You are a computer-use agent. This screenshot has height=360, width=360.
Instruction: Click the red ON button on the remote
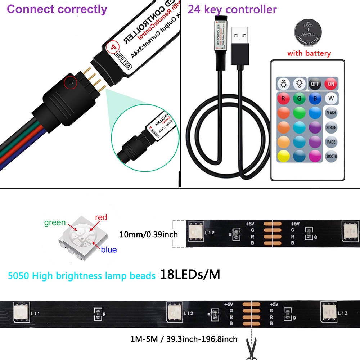[331, 84]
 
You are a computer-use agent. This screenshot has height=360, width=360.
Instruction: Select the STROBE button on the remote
[331, 127]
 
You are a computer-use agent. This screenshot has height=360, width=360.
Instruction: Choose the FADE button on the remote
[331, 142]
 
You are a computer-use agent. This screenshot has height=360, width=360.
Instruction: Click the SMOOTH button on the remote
[331, 156]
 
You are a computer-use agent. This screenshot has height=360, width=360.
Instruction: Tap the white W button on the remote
[331, 98]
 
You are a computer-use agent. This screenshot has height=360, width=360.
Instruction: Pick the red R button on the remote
[283, 98]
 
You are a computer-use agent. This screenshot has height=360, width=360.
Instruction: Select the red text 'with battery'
[309, 54]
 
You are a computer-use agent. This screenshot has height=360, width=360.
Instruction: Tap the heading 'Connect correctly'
[57, 9]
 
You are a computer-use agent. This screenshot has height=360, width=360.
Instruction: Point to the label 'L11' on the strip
[35, 313]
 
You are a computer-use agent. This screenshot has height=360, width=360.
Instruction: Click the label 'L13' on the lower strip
[343, 313]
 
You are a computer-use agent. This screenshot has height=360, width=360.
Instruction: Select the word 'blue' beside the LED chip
[109, 249]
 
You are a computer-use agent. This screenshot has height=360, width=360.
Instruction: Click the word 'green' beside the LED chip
[55, 223]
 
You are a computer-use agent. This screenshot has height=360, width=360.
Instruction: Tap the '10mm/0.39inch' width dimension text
[149, 234]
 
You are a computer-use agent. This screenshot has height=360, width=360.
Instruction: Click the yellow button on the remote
[283, 156]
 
